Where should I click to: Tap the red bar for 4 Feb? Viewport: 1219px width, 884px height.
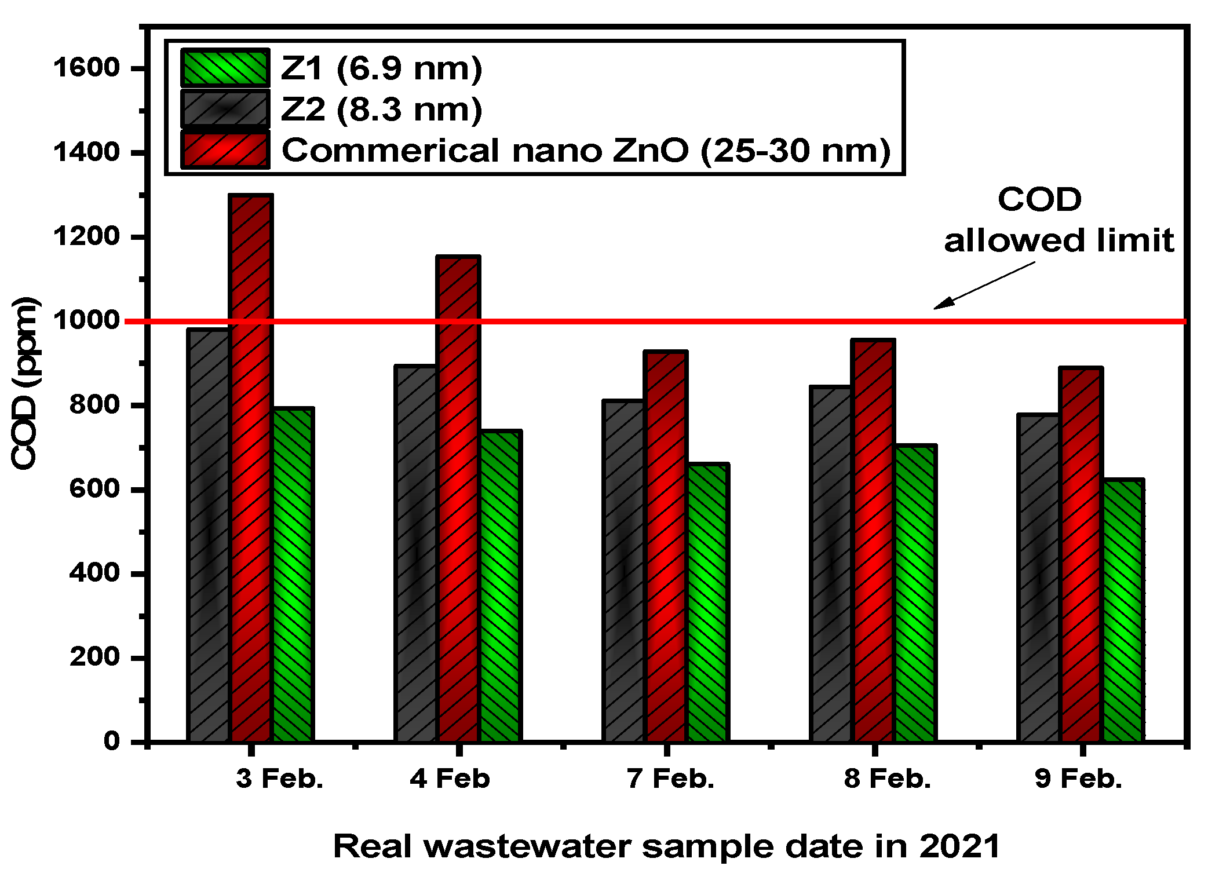(458, 499)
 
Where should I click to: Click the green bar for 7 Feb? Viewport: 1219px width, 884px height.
(707, 602)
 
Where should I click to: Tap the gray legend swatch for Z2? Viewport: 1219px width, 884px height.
(225, 109)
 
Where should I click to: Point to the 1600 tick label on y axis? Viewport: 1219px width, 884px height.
(86, 68)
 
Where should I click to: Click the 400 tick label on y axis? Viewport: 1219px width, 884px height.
(94, 573)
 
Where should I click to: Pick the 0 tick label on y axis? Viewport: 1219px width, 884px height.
(112, 741)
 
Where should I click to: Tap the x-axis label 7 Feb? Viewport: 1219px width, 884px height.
(670, 779)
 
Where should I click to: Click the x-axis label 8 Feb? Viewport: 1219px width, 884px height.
(887, 779)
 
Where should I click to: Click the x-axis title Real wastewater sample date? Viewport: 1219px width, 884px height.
(666, 846)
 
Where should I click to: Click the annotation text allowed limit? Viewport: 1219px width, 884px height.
(1059, 240)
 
